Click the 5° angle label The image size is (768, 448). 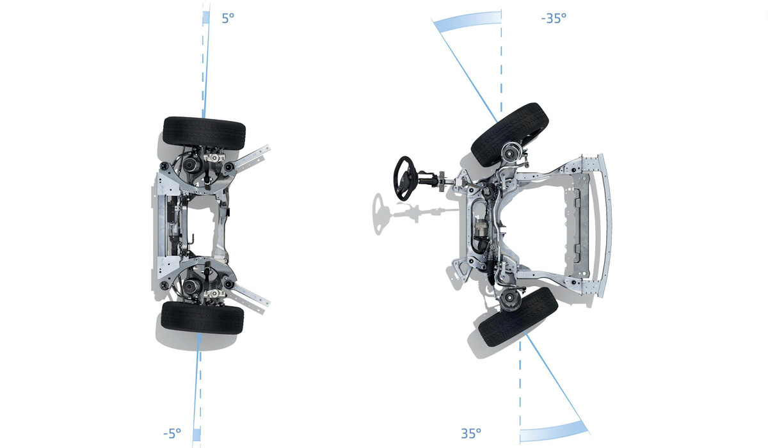tap(228, 18)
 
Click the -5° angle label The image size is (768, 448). tap(172, 434)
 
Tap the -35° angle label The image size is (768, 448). tap(554, 18)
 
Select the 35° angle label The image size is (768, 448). tap(471, 434)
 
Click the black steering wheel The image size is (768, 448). tap(405, 179)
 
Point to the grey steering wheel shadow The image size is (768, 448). tap(378, 214)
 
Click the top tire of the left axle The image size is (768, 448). tap(204, 133)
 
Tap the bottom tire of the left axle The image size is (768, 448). tap(202, 317)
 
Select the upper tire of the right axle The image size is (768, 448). tap(510, 134)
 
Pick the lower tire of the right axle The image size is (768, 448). tap(518, 317)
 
